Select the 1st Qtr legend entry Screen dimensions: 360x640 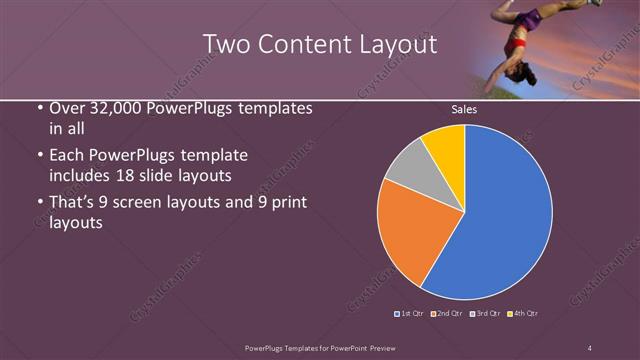(x=411, y=313)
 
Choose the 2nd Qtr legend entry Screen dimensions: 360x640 (x=447, y=313)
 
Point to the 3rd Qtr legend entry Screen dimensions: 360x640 (x=485, y=313)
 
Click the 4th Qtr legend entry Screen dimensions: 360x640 (x=523, y=313)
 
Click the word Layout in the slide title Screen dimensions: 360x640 (x=397, y=43)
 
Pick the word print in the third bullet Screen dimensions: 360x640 (x=284, y=203)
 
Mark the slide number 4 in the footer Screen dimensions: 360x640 (x=590, y=347)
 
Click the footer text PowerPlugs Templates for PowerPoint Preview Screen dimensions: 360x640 (x=315, y=347)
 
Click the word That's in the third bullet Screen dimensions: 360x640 (x=72, y=203)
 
